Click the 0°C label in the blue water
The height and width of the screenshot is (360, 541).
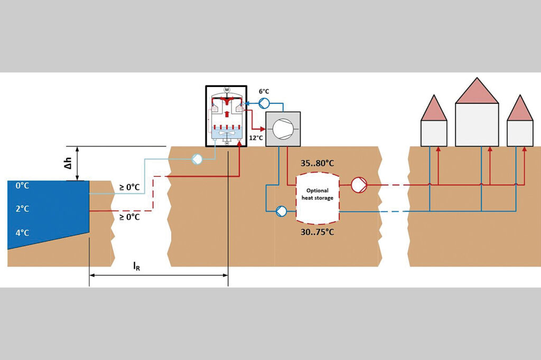pos(22,186)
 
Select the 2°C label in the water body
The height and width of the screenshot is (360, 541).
pos(22,209)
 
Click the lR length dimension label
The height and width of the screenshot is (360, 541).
pos(136,266)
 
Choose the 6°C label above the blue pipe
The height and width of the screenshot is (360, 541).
pos(264,91)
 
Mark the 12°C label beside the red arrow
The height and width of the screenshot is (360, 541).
pos(256,137)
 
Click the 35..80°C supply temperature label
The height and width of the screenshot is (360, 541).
pos(317,163)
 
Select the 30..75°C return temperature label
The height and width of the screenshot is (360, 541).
pos(317,232)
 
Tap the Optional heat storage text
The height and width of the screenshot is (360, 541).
pos(318,194)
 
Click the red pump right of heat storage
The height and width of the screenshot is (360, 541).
pos(359,185)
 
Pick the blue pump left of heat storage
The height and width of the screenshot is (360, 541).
pos(281,211)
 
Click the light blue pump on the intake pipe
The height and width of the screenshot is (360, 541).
pos(197,158)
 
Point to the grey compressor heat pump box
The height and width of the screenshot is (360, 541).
pos(283,129)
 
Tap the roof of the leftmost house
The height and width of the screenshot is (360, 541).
pos(434,110)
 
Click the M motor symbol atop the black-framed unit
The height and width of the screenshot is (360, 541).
pos(227,89)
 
